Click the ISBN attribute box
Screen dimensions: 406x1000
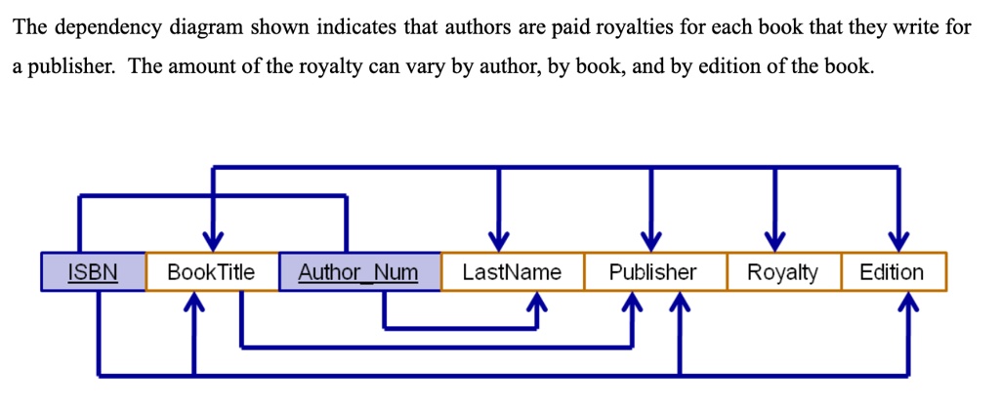pos(93,272)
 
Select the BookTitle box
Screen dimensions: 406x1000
pos(211,272)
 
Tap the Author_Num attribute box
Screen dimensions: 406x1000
pos(358,272)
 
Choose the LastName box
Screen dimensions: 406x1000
pos(512,272)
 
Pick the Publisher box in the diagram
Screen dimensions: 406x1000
pos(653,272)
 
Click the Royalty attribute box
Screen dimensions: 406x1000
pos(782,272)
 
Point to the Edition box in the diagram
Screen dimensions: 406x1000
pos(892,272)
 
